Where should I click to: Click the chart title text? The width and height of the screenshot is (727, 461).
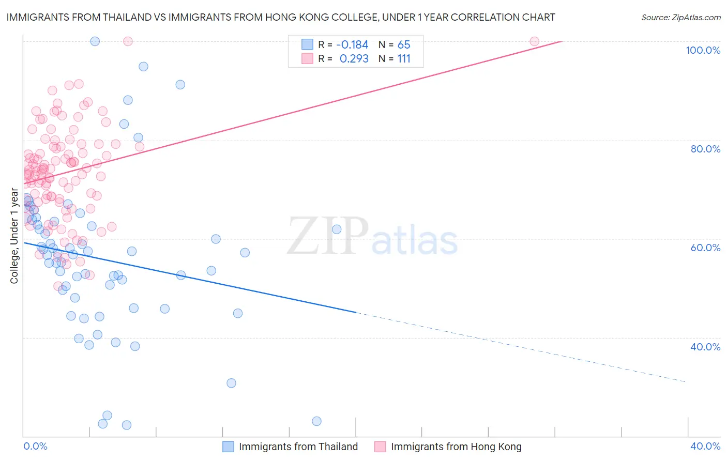tap(281, 17)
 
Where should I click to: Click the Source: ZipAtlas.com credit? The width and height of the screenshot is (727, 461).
tap(680, 17)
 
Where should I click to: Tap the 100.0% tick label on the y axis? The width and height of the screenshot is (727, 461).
tap(703, 50)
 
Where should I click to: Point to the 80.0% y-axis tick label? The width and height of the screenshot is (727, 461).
tap(705, 149)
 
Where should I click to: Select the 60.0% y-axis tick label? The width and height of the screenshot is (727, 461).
tap(705, 248)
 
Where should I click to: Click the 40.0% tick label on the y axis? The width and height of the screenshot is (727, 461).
tap(705, 347)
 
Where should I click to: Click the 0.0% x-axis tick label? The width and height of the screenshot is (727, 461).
tap(35, 446)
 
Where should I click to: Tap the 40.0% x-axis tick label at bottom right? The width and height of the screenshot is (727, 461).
tap(705, 446)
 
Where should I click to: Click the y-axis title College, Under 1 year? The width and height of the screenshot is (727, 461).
tap(14, 236)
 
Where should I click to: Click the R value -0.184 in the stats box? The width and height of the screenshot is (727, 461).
tap(352, 44)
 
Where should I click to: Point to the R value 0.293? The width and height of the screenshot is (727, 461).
tap(354, 59)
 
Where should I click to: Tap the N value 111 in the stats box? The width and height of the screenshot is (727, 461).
tap(404, 59)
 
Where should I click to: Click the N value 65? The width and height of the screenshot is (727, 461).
tap(404, 44)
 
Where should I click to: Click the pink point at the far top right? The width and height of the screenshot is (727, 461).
tap(535, 41)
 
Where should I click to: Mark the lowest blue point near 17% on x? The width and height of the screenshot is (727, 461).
tap(316, 421)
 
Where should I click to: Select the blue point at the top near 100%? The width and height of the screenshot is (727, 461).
tap(95, 41)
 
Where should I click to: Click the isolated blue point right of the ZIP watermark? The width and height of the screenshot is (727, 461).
tap(337, 229)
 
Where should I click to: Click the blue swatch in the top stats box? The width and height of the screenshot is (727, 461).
tap(308, 44)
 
